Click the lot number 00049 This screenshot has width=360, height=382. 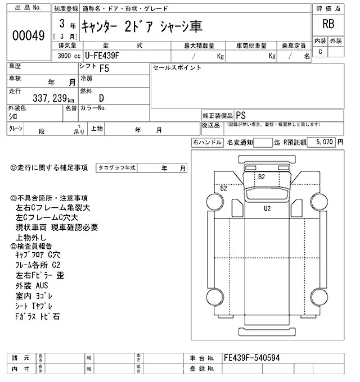click(28, 35)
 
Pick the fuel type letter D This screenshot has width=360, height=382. click(101, 98)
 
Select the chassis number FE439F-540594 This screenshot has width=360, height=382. click(251, 357)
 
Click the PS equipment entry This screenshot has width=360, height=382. click(241, 114)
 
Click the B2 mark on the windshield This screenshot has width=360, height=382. click(261, 176)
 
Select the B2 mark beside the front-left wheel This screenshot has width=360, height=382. click(223, 188)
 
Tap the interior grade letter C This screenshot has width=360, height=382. click(320, 52)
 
